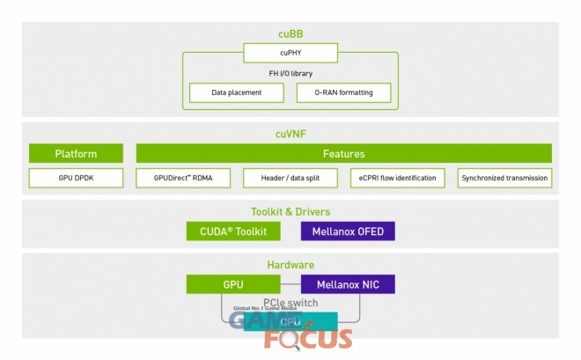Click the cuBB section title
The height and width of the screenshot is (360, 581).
pyautogui.click(x=290, y=34)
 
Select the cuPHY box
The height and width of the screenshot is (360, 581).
pyautogui.click(x=290, y=53)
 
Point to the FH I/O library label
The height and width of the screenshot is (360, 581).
pyautogui.click(x=290, y=73)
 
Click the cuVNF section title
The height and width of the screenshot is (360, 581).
pyautogui.click(x=290, y=134)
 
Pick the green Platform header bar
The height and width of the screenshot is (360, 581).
pyautogui.click(x=76, y=153)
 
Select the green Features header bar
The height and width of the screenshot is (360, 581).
pyautogui.click(x=343, y=153)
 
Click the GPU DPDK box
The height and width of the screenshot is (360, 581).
pyautogui.click(x=76, y=178)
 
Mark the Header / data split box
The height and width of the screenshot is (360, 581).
pyautogui.click(x=290, y=178)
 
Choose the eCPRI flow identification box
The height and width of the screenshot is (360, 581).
pyautogui.click(x=398, y=178)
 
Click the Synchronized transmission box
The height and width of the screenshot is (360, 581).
pyautogui.click(x=504, y=178)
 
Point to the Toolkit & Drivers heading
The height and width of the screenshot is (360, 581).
pyautogui.click(x=290, y=211)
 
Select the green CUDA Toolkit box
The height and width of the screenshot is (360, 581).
pyautogui.click(x=233, y=231)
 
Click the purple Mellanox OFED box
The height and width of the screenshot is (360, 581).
pyautogui.click(x=348, y=231)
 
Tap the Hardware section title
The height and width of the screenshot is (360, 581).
pyautogui.click(x=290, y=264)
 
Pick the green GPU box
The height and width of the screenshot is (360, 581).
pyautogui.click(x=233, y=284)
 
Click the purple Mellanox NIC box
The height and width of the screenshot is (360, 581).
pyautogui.click(x=348, y=284)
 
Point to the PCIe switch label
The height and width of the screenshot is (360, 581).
pyautogui.click(x=290, y=303)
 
